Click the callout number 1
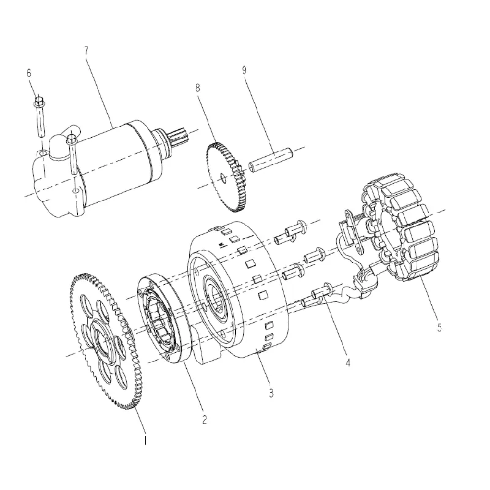coord(145,440)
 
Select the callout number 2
coord(205,420)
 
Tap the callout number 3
coord(271,393)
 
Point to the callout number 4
coord(348,362)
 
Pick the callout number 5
coord(439,327)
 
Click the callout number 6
coord(29,73)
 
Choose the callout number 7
coord(86,51)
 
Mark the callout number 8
coord(197,88)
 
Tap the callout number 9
coord(244,70)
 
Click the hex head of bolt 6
coord(39,101)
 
